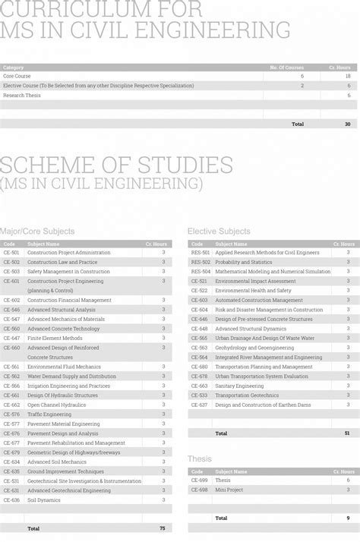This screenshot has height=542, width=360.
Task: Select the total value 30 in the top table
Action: (x=348, y=124)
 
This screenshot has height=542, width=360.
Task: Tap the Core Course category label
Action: (x=17, y=76)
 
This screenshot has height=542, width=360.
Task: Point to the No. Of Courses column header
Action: (x=286, y=68)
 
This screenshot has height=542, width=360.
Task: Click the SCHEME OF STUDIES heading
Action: (x=116, y=165)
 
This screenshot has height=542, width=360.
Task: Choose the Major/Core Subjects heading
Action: (x=37, y=231)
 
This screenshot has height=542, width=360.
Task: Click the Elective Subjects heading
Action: (x=219, y=231)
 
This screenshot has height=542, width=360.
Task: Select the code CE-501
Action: (x=11, y=253)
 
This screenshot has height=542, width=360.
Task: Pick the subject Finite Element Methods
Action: (x=55, y=339)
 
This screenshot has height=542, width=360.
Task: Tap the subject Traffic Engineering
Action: (x=49, y=414)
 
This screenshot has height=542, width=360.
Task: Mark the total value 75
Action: (x=163, y=528)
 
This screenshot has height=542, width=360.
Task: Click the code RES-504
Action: (x=201, y=272)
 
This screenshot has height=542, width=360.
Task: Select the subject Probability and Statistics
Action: (x=244, y=262)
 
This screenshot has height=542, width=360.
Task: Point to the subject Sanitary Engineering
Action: (x=239, y=386)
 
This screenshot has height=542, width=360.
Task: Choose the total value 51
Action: (x=348, y=433)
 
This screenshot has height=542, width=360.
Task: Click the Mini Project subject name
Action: (x=229, y=490)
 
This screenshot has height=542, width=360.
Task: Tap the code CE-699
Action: (x=199, y=481)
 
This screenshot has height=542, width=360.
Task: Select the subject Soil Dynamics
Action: (x=44, y=500)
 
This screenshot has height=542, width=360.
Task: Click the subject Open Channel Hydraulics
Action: (x=57, y=405)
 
